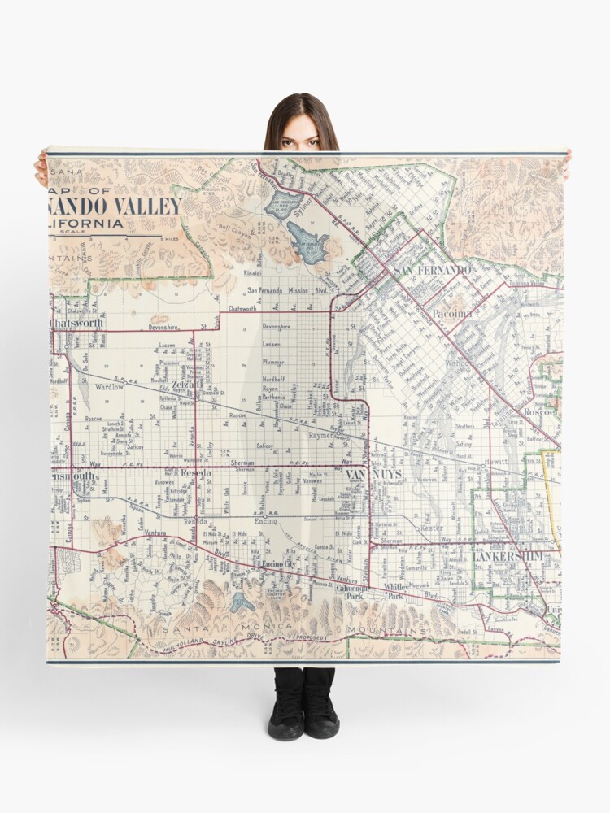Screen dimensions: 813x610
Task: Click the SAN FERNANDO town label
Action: point(432,269)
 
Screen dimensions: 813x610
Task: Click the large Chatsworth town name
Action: point(76,323)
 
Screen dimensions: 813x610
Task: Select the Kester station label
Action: point(431,528)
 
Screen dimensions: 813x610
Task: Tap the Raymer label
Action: point(325,436)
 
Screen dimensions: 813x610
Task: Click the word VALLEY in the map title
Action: point(150,206)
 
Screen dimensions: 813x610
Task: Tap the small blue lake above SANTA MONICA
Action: point(242,602)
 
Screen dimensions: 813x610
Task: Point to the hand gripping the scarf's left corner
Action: point(41,168)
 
